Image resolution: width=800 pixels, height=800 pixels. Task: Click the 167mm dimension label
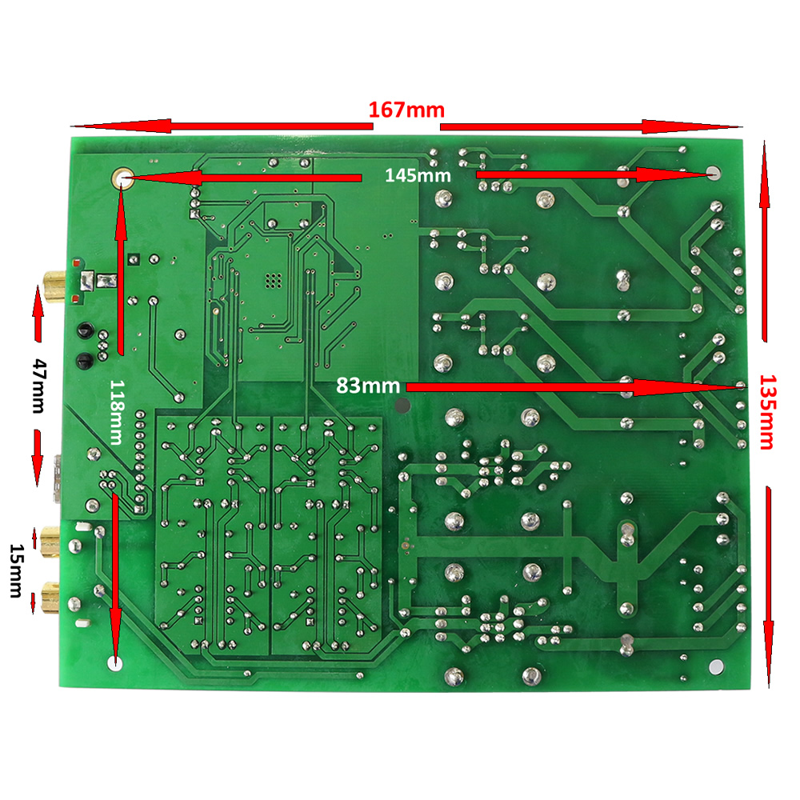[x=406, y=110]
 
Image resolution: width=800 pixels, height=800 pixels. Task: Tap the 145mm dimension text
[x=418, y=175]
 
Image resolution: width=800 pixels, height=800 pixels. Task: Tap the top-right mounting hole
[x=714, y=174]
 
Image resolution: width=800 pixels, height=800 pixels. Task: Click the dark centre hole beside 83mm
[x=403, y=406]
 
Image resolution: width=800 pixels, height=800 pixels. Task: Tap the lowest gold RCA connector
[x=50, y=594]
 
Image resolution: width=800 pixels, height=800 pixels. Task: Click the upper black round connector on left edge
[x=81, y=330]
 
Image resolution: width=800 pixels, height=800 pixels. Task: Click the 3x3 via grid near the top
[x=273, y=281]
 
